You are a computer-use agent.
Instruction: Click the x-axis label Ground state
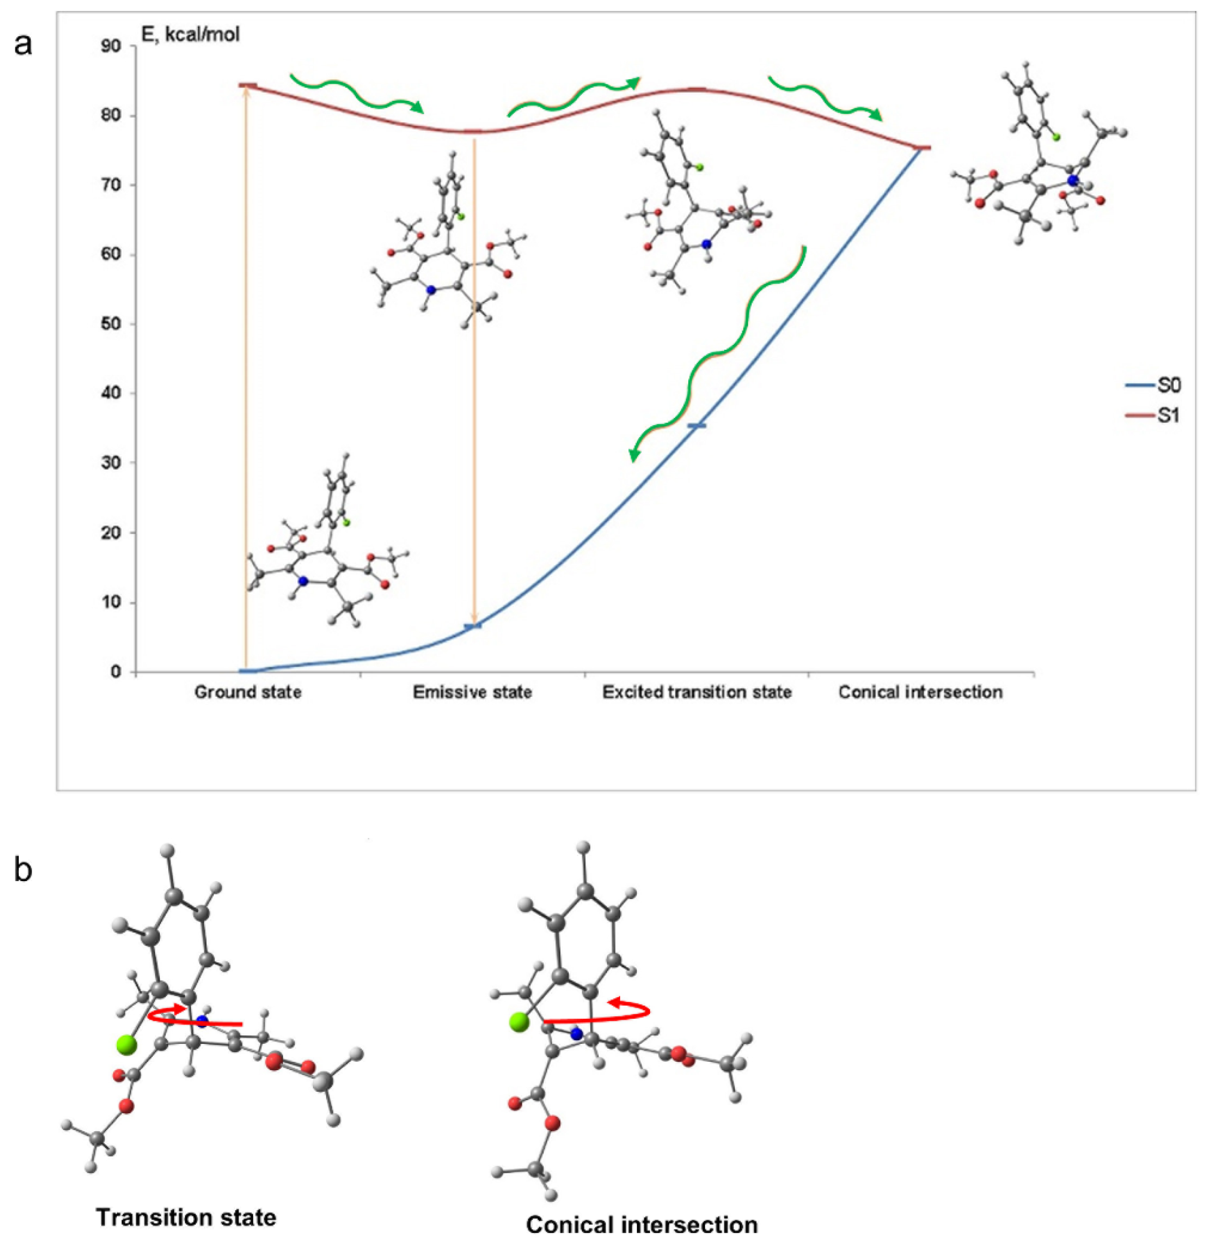click(248, 692)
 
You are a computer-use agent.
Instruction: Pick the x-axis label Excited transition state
click(697, 692)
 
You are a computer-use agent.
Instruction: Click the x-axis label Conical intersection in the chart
click(920, 692)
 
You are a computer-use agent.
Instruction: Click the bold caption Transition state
click(187, 1217)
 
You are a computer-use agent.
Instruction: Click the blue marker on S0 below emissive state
click(473, 626)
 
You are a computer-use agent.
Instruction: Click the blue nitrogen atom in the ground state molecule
click(303, 581)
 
